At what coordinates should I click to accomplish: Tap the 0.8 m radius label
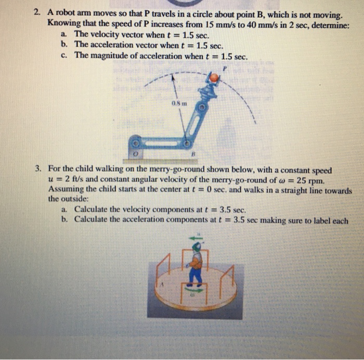point(177,102)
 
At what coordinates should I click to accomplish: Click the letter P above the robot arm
point(225,68)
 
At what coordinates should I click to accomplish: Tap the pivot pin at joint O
point(135,142)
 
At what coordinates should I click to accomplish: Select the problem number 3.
point(38,170)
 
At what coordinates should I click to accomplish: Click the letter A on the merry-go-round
point(163,285)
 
